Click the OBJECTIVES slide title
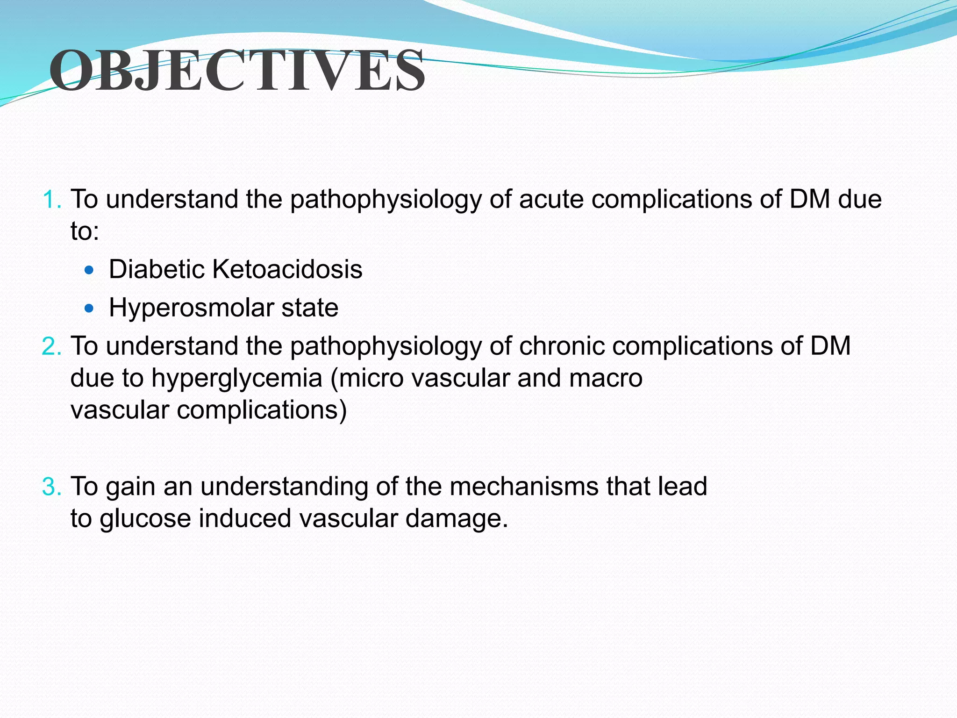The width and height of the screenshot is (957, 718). pos(237,71)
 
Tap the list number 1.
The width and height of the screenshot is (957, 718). pos(51,200)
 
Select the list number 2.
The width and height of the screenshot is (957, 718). pos(51,346)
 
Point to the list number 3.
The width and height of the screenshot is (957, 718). pos(51,487)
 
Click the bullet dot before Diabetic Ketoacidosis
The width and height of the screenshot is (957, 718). pos(89,270)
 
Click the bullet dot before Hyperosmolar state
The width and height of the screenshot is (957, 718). pos(89,309)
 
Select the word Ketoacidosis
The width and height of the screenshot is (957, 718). pos(287,270)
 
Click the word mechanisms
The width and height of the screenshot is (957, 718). pos(524,487)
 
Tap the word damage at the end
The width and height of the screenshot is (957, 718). pos(456,519)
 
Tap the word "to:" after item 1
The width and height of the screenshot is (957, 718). pos(85,231)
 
